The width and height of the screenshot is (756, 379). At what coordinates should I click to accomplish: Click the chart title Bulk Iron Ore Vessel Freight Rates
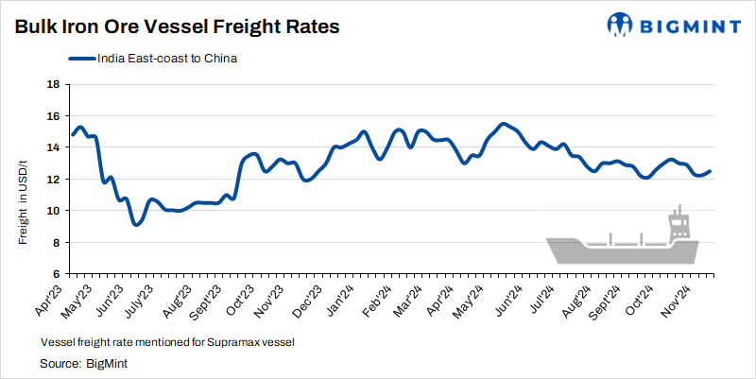tap(176, 26)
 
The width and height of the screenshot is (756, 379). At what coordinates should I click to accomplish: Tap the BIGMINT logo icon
tap(621, 26)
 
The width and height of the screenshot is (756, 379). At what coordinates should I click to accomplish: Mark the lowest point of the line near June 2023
tap(137, 225)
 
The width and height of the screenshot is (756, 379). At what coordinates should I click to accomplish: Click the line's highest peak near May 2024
tap(504, 124)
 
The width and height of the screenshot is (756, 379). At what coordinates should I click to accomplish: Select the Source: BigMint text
tap(84, 363)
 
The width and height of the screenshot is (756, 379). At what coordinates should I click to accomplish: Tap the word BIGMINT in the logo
tap(690, 26)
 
